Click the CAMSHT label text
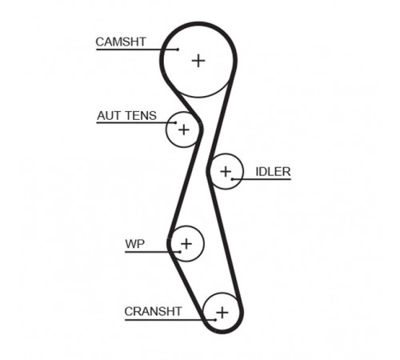tap(121, 42)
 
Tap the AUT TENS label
tap(126, 116)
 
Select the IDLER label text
tap(273, 172)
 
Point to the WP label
tap(135, 244)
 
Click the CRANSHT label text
tap(153, 311)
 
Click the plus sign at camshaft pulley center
tap(198, 61)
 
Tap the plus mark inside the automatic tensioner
tap(184, 130)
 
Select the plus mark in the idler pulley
tap(226, 171)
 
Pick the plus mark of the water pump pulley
tap(186, 244)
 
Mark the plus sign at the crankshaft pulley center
tap(222, 313)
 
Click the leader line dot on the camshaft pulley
tap(178, 50)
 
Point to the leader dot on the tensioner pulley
tap(175, 122)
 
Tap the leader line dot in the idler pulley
tap(232, 179)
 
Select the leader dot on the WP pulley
tap(180, 252)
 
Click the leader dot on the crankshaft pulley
tap(215, 320)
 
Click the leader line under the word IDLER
tap(262, 179)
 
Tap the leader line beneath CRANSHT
tap(170, 320)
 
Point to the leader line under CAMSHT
tap(137, 50)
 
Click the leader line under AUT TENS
tap(136, 122)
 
